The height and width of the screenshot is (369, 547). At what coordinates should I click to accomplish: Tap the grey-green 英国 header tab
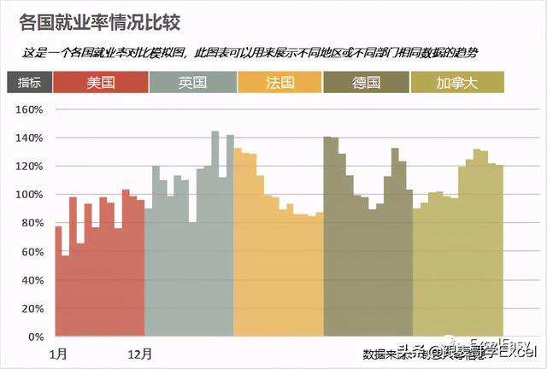[192, 82]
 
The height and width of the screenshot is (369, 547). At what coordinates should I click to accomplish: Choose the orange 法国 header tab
[279, 82]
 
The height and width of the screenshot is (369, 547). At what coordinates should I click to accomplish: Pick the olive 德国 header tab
[367, 82]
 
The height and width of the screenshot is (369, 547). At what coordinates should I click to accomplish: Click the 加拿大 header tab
[456, 82]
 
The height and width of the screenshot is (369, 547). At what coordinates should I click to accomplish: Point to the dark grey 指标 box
[29, 82]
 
